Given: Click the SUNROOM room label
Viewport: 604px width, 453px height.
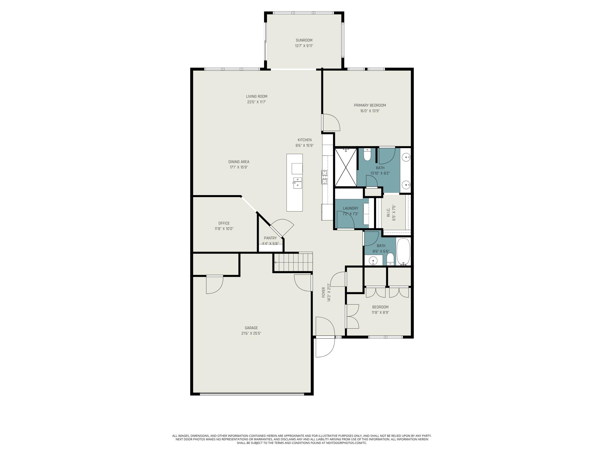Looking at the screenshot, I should (x=304, y=40).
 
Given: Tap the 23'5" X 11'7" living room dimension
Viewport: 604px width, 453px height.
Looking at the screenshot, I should (x=257, y=102).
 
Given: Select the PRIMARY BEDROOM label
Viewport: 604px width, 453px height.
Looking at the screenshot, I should (x=370, y=105).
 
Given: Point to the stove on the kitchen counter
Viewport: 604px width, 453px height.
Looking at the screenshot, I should (x=324, y=177).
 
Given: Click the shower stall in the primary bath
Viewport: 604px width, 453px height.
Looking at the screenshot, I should (x=346, y=167).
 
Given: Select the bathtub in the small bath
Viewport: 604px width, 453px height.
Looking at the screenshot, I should (x=403, y=251).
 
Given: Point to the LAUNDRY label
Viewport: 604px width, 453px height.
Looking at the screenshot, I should (x=351, y=208).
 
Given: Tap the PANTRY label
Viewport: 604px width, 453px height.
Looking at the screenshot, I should (x=270, y=238).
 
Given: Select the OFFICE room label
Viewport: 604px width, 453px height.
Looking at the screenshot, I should (x=224, y=223).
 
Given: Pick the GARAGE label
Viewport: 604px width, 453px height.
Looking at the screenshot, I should (x=251, y=328).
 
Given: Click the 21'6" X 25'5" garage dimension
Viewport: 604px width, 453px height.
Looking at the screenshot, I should (x=251, y=333).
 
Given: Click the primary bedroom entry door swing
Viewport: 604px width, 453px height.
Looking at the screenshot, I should (x=331, y=123).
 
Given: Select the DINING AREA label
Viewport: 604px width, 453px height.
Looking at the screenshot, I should (x=239, y=162).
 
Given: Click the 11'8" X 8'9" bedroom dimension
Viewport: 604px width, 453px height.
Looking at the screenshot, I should (x=380, y=312).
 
